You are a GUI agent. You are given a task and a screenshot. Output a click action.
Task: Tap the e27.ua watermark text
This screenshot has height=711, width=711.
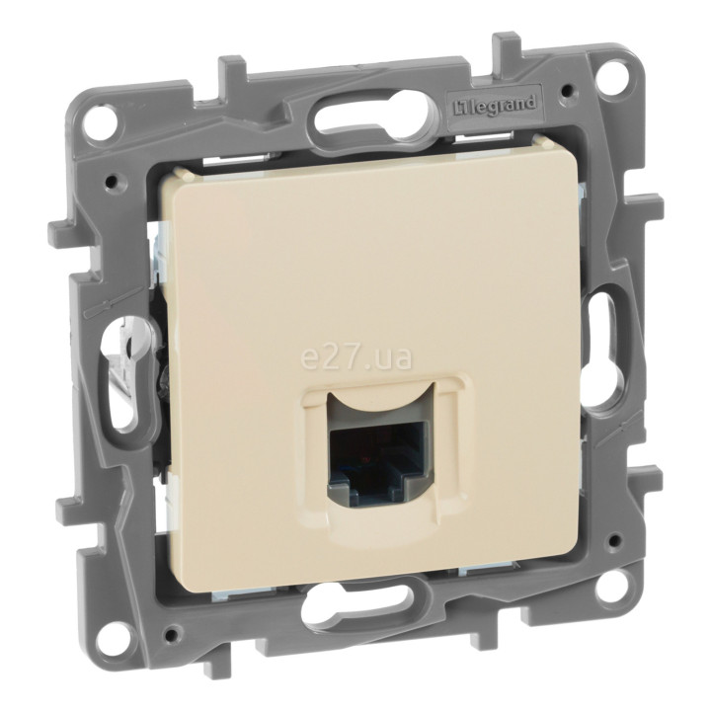[x=356, y=358]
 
